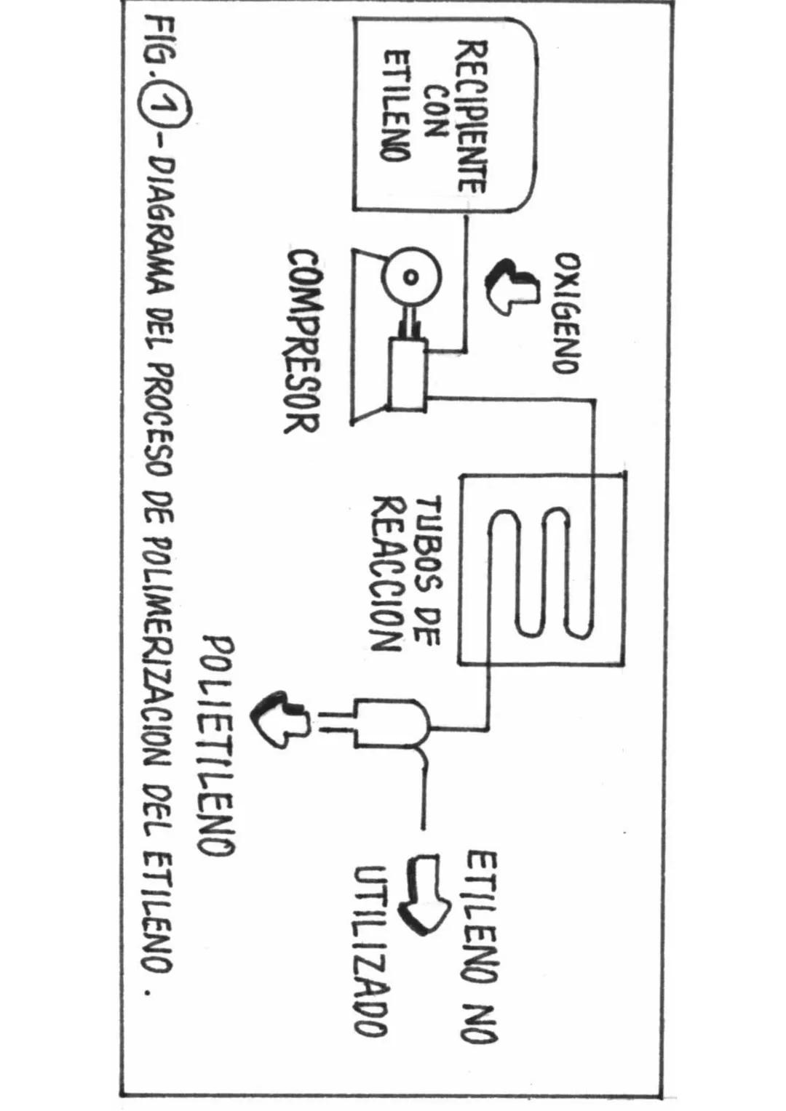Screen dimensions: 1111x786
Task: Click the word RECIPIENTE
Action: (x=471, y=116)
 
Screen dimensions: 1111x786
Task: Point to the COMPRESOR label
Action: (x=301, y=342)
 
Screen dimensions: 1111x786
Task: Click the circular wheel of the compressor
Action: (x=411, y=277)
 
